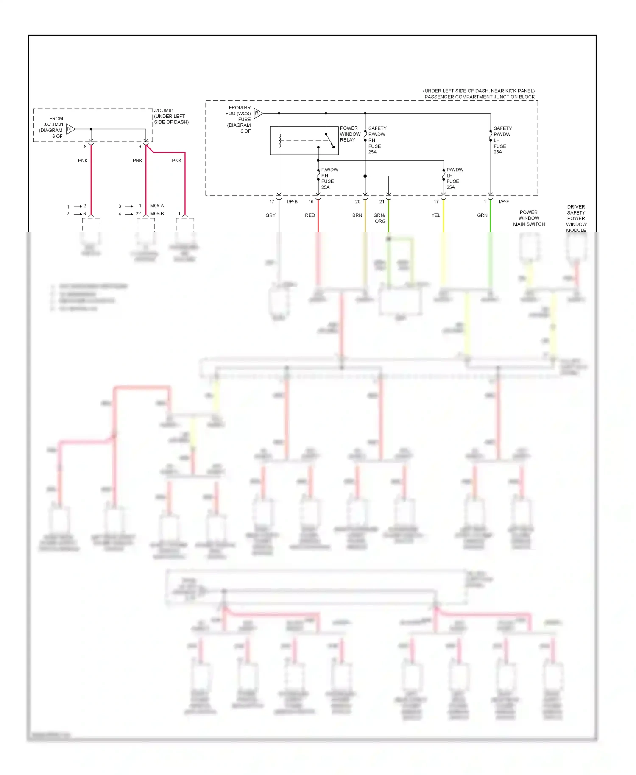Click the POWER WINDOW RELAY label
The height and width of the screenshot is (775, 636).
click(350, 134)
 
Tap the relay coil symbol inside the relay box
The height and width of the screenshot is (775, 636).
click(279, 141)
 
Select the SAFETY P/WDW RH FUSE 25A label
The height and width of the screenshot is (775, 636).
click(377, 140)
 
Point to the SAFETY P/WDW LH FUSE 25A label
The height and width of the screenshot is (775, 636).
click(502, 140)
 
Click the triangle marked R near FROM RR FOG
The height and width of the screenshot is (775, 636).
click(258, 113)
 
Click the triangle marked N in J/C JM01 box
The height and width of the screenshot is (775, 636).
click(70, 129)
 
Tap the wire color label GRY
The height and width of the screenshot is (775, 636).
click(271, 215)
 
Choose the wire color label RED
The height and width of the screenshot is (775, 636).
click(310, 215)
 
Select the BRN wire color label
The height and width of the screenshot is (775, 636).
click(357, 215)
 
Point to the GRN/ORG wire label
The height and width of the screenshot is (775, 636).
click(379, 218)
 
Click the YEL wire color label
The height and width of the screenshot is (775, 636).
click(436, 215)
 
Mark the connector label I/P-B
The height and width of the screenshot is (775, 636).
click(292, 201)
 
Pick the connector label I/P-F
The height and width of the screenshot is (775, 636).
click(504, 201)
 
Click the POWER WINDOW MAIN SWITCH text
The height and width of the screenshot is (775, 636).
click(529, 218)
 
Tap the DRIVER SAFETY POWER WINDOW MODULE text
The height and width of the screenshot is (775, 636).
click(576, 218)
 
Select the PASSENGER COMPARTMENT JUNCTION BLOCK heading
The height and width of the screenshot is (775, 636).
click(480, 97)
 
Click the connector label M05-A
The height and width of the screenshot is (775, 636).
click(157, 206)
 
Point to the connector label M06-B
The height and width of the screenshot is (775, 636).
click(157, 214)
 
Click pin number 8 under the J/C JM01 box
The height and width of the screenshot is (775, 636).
click(85, 147)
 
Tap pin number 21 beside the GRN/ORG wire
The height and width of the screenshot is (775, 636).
click(382, 202)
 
